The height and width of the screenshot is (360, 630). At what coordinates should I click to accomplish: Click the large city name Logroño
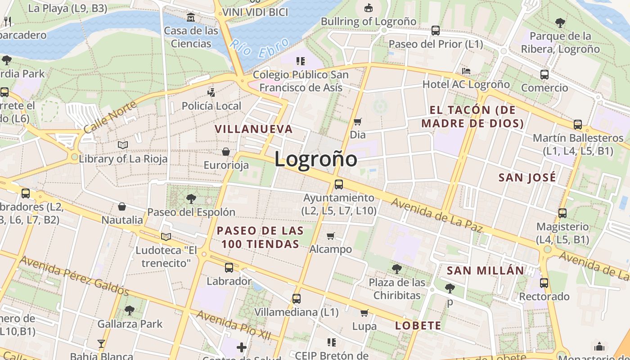click(x=316, y=159)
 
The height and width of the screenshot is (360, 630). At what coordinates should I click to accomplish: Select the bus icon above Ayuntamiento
click(x=338, y=184)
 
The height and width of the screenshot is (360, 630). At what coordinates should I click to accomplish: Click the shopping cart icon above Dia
click(x=358, y=121)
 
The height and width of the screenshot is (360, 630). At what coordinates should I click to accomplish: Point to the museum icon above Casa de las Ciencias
click(x=191, y=18)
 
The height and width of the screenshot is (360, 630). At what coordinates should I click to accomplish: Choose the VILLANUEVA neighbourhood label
click(x=254, y=129)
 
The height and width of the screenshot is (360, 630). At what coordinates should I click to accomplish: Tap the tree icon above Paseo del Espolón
click(x=191, y=198)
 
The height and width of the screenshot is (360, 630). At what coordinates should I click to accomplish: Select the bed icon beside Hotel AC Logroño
click(x=466, y=72)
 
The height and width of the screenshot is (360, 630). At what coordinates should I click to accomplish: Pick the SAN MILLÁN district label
click(x=485, y=270)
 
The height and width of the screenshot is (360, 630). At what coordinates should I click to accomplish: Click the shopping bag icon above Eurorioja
click(x=226, y=152)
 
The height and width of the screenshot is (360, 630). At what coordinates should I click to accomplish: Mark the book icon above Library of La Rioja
click(x=123, y=145)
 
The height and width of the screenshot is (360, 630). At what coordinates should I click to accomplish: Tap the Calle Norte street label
click(x=110, y=117)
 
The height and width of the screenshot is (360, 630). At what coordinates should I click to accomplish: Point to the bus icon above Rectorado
click(x=544, y=283)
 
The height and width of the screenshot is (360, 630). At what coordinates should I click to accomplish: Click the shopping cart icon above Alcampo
click(x=331, y=236)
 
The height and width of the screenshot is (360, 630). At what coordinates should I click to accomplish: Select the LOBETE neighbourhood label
click(x=418, y=325)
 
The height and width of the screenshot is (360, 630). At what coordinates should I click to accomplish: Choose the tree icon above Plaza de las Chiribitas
click(x=396, y=269)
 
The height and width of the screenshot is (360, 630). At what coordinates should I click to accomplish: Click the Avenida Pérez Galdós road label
click(x=74, y=276)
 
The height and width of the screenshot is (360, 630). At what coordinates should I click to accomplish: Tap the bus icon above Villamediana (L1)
click(x=296, y=298)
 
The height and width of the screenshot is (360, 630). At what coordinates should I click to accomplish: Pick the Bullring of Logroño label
click(x=369, y=21)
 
